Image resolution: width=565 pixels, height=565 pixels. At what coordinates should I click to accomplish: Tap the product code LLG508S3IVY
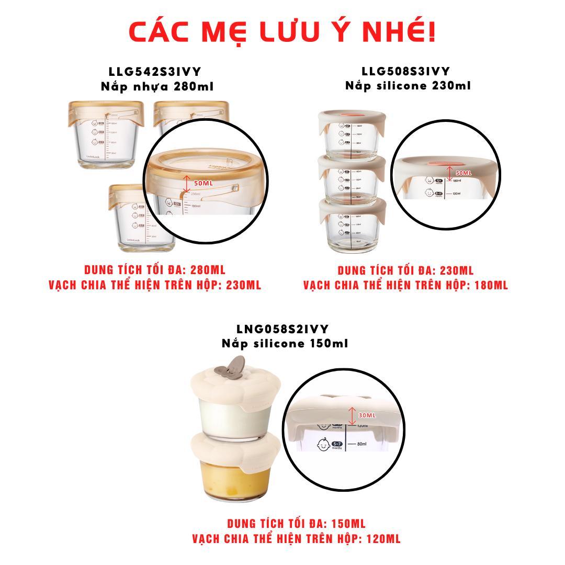click(x=405, y=71)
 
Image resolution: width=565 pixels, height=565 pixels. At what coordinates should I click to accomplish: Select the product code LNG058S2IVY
click(x=282, y=329)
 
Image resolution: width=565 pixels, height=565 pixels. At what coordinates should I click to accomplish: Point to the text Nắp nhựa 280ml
click(x=157, y=86)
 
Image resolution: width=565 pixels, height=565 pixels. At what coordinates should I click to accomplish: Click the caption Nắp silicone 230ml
click(x=408, y=85)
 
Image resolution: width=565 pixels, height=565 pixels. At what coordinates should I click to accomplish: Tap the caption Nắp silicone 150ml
click(x=285, y=343)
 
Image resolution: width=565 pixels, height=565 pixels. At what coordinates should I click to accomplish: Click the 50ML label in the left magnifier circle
click(x=204, y=184)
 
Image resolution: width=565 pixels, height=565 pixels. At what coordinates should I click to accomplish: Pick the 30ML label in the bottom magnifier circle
click(x=367, y=415)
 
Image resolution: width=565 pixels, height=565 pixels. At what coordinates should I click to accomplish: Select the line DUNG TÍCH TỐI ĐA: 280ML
click(x=155, y=270)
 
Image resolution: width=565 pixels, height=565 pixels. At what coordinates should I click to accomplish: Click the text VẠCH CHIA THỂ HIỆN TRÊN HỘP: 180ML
click(x=405, y=285)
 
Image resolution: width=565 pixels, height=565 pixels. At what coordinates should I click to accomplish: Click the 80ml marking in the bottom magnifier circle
click(x=361, y=444)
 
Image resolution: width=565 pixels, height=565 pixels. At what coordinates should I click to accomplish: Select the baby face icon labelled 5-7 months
click(x=324, y=445)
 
